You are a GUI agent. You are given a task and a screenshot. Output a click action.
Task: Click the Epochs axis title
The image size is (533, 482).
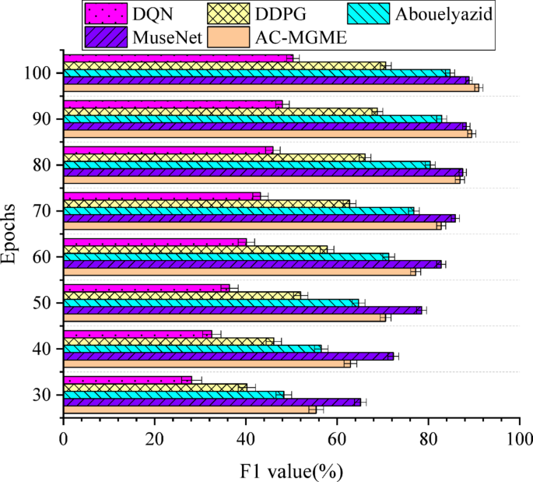click(11, 234)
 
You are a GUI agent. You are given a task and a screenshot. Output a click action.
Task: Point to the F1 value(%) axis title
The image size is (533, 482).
click(291, 470)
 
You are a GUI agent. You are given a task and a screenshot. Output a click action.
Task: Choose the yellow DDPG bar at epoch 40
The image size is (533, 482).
click(168, 341)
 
